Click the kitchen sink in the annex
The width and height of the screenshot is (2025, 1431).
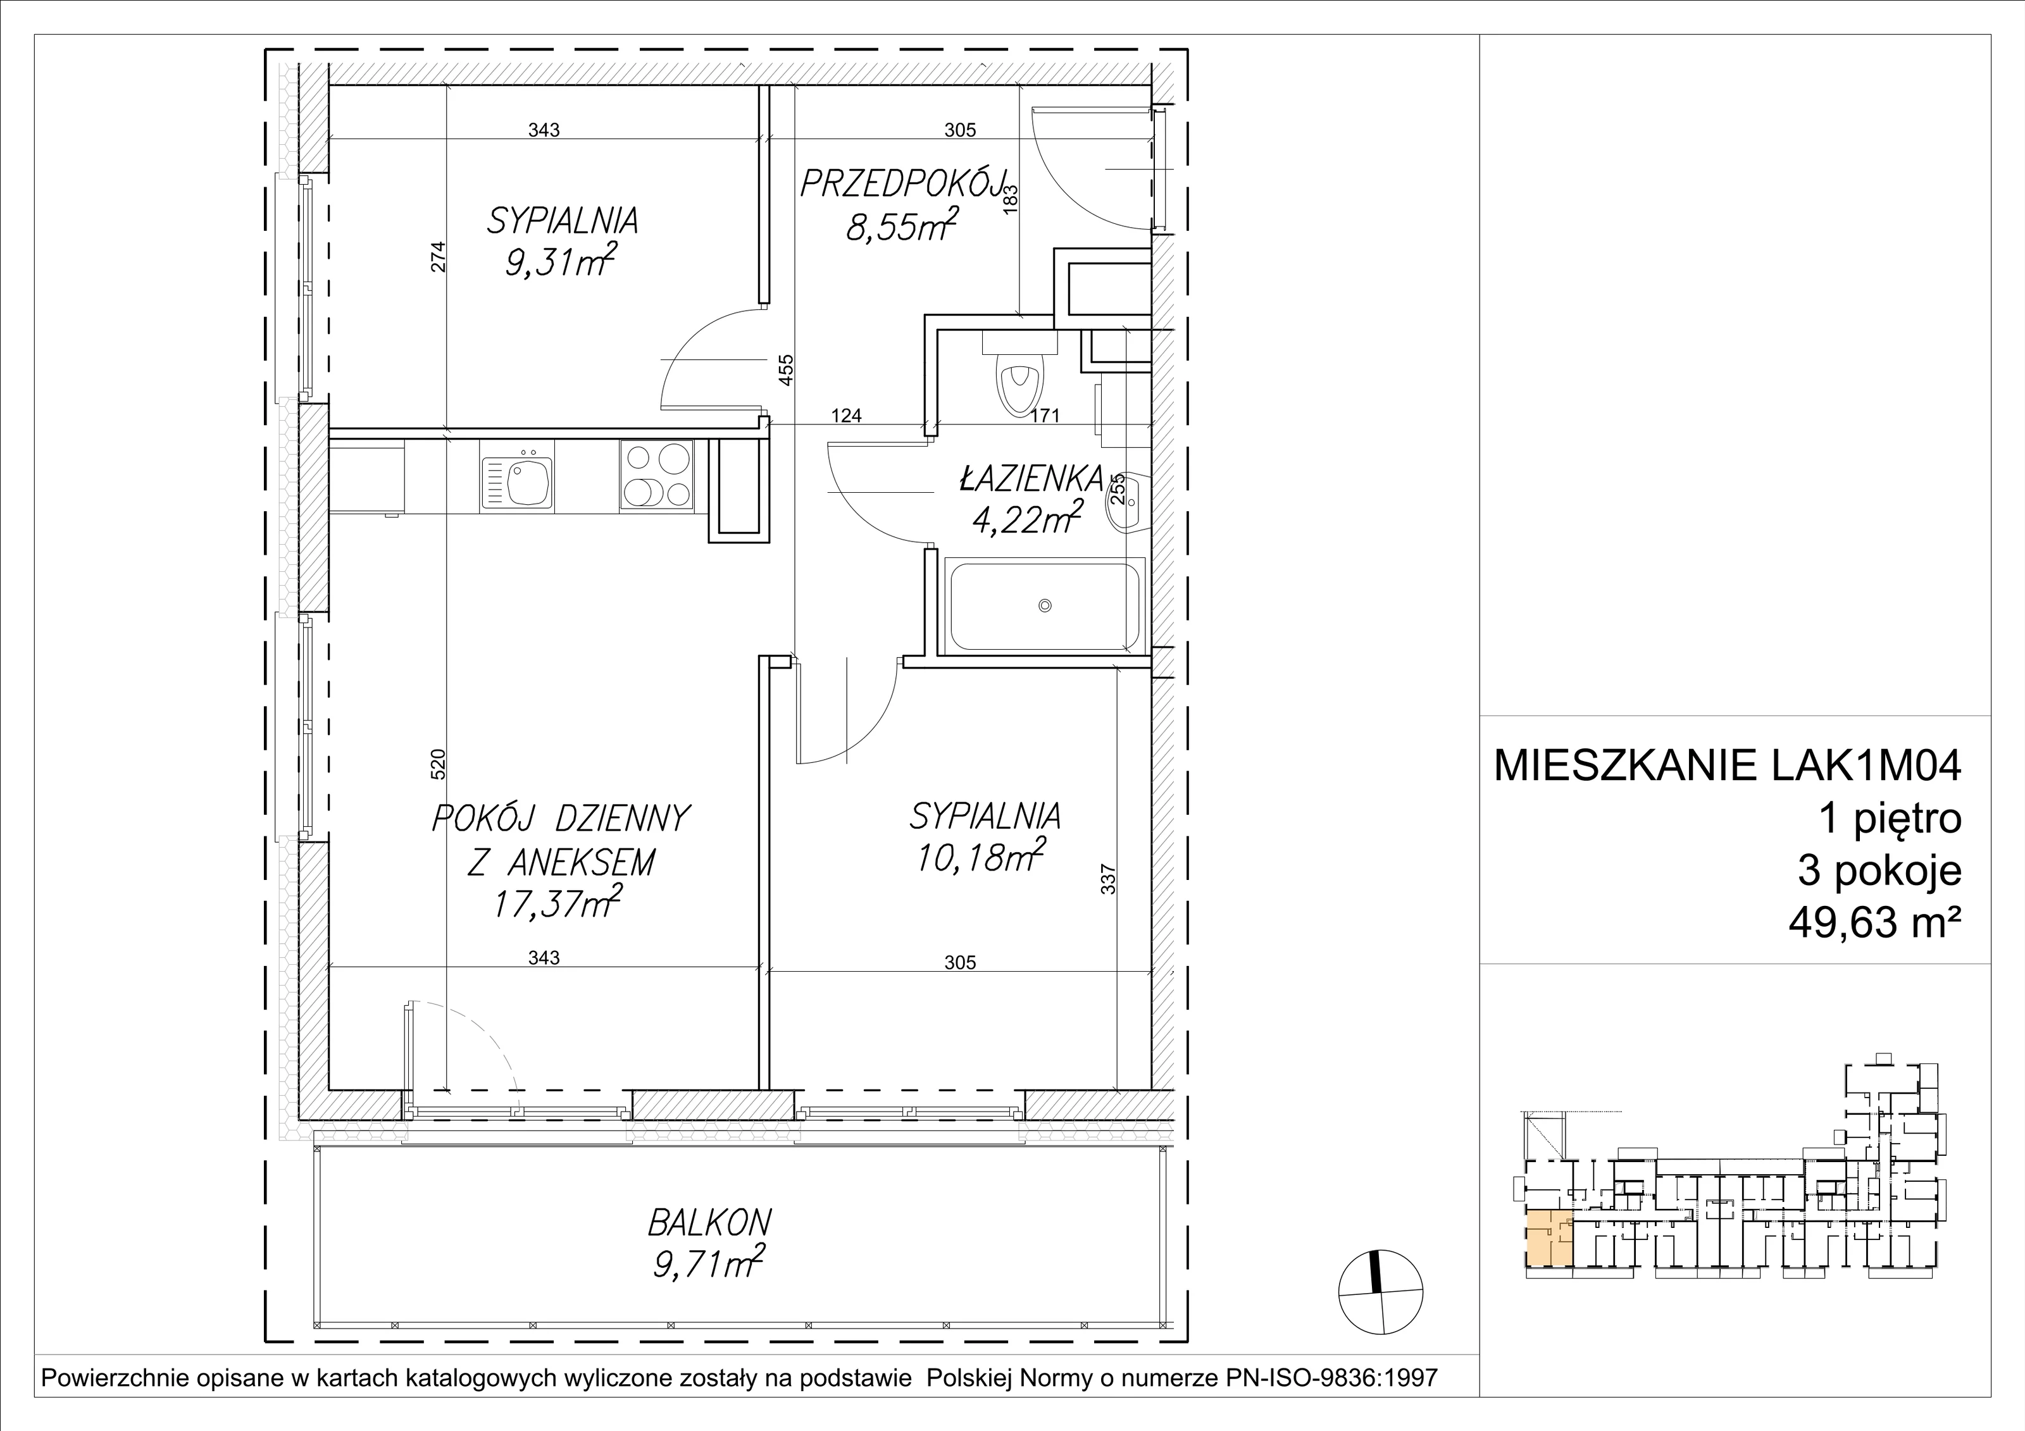(x=517, y=483)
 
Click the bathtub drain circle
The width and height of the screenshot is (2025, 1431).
(x=1045, y=605)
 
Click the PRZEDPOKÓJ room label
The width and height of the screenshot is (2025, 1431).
(x=904, y=185)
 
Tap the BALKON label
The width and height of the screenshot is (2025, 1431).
(x=710, y=1223)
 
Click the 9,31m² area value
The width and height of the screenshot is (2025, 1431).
(x=560, y=262)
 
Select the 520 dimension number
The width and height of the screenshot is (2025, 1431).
(x=439, y=764)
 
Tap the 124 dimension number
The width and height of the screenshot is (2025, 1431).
(x=846, y=415)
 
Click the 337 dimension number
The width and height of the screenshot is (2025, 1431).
(x=1109, y=880)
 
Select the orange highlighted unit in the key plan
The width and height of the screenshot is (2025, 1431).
(x=1550, y=1238)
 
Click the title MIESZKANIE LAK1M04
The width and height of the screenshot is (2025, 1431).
(x=1728, y=766)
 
